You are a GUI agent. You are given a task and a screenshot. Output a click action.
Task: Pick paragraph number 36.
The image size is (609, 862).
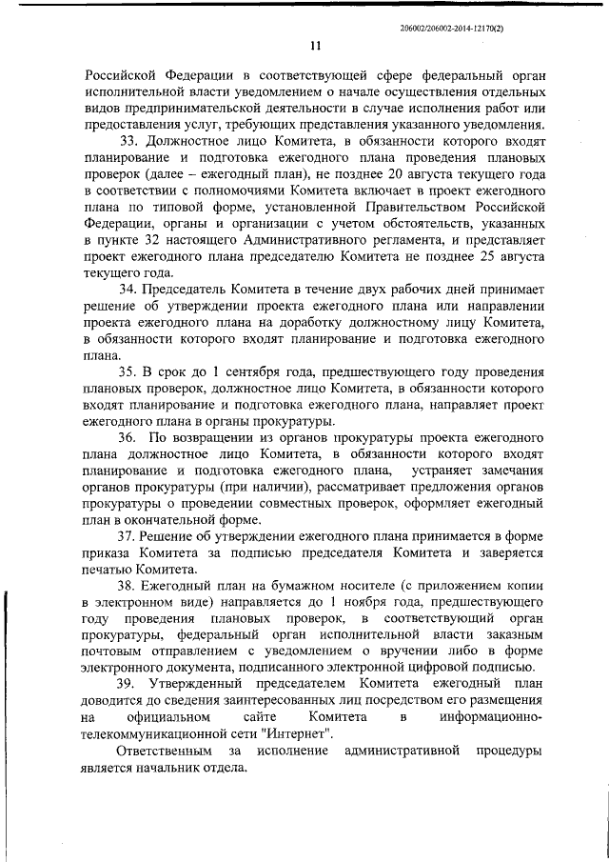pyautogui.click(x=128, y=437)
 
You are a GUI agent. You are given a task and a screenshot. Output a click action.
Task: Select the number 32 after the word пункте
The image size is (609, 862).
pyautogui.click(x=141, y=242)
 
